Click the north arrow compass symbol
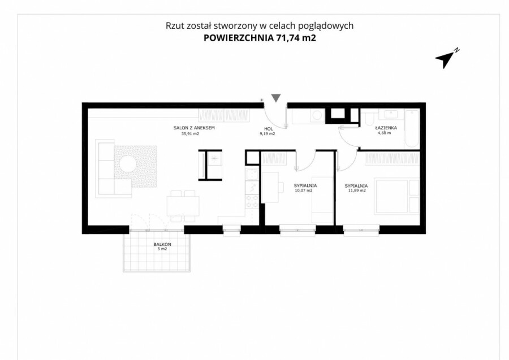point(446,59)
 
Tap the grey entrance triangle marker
point(276,98)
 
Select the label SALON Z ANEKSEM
point(194,128)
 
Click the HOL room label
point(269,129)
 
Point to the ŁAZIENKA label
point(385,128)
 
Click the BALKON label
point(162,245)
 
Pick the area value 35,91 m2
point(190,133)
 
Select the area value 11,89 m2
point(357,190)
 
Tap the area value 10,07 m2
point(303,190)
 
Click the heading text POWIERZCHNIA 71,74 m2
point(260,38)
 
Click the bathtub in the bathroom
point(412,129)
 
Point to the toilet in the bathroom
point(369,118)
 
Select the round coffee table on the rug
point(128,164)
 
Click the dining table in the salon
point(183,206)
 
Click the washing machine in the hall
point(317,116)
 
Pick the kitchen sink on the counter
point(252,175)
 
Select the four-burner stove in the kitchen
point(252,201)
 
